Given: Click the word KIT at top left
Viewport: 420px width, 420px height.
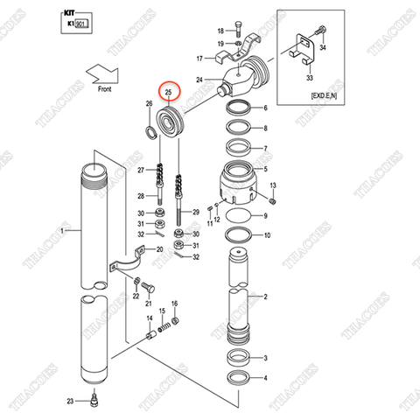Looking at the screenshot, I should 71,16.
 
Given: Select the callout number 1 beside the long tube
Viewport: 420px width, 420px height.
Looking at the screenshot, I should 63,231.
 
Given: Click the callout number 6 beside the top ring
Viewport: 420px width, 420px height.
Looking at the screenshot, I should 264,109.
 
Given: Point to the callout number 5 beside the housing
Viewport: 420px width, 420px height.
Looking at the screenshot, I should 264,170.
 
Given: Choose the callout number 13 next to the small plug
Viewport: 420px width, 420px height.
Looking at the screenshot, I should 273,186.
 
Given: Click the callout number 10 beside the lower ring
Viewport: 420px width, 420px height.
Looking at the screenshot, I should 266,235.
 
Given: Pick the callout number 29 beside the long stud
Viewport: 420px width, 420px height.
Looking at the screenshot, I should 196,213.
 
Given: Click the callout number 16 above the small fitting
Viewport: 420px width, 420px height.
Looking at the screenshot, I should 175,303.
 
